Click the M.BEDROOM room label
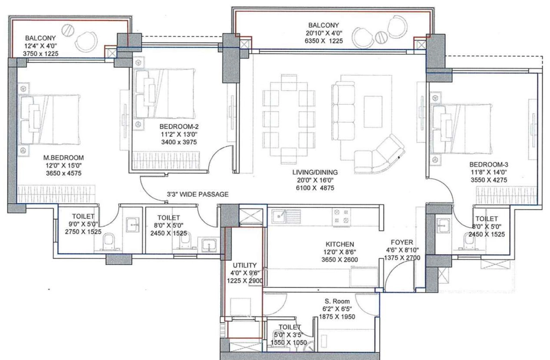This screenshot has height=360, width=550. coord(63,158)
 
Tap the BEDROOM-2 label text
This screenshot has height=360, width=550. coord(179,127)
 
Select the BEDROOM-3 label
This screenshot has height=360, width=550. coord(489,164)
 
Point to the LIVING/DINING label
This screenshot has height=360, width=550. coord(315,172)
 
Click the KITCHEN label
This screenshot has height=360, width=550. coord(339,244)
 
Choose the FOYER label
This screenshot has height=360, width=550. coord(402,242)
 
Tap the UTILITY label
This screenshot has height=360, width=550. coord(244,265)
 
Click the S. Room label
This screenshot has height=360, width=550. coord(337,301)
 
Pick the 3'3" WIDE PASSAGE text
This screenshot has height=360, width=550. coord(198,195)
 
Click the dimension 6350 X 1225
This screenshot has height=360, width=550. coord(324,41)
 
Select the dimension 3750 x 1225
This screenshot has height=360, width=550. coord(40,54)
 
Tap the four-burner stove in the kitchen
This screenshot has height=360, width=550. coord(341,217)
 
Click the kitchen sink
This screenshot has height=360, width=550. coord(286,216)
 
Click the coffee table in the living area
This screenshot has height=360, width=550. coord(373,112)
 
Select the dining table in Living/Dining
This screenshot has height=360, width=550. coord(290,115)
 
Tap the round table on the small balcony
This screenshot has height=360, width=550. coord(68,30)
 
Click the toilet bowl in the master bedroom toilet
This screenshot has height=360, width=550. coord(108,241)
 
